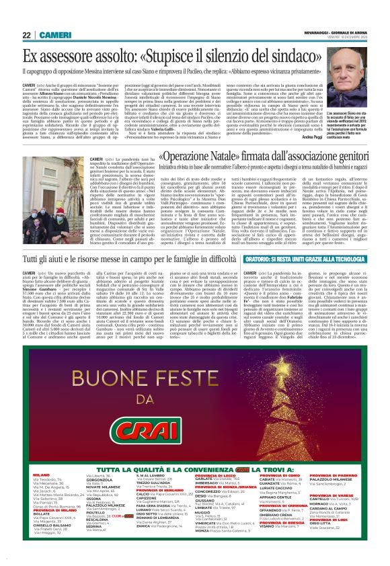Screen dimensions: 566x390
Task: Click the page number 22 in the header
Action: (26, 35)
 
